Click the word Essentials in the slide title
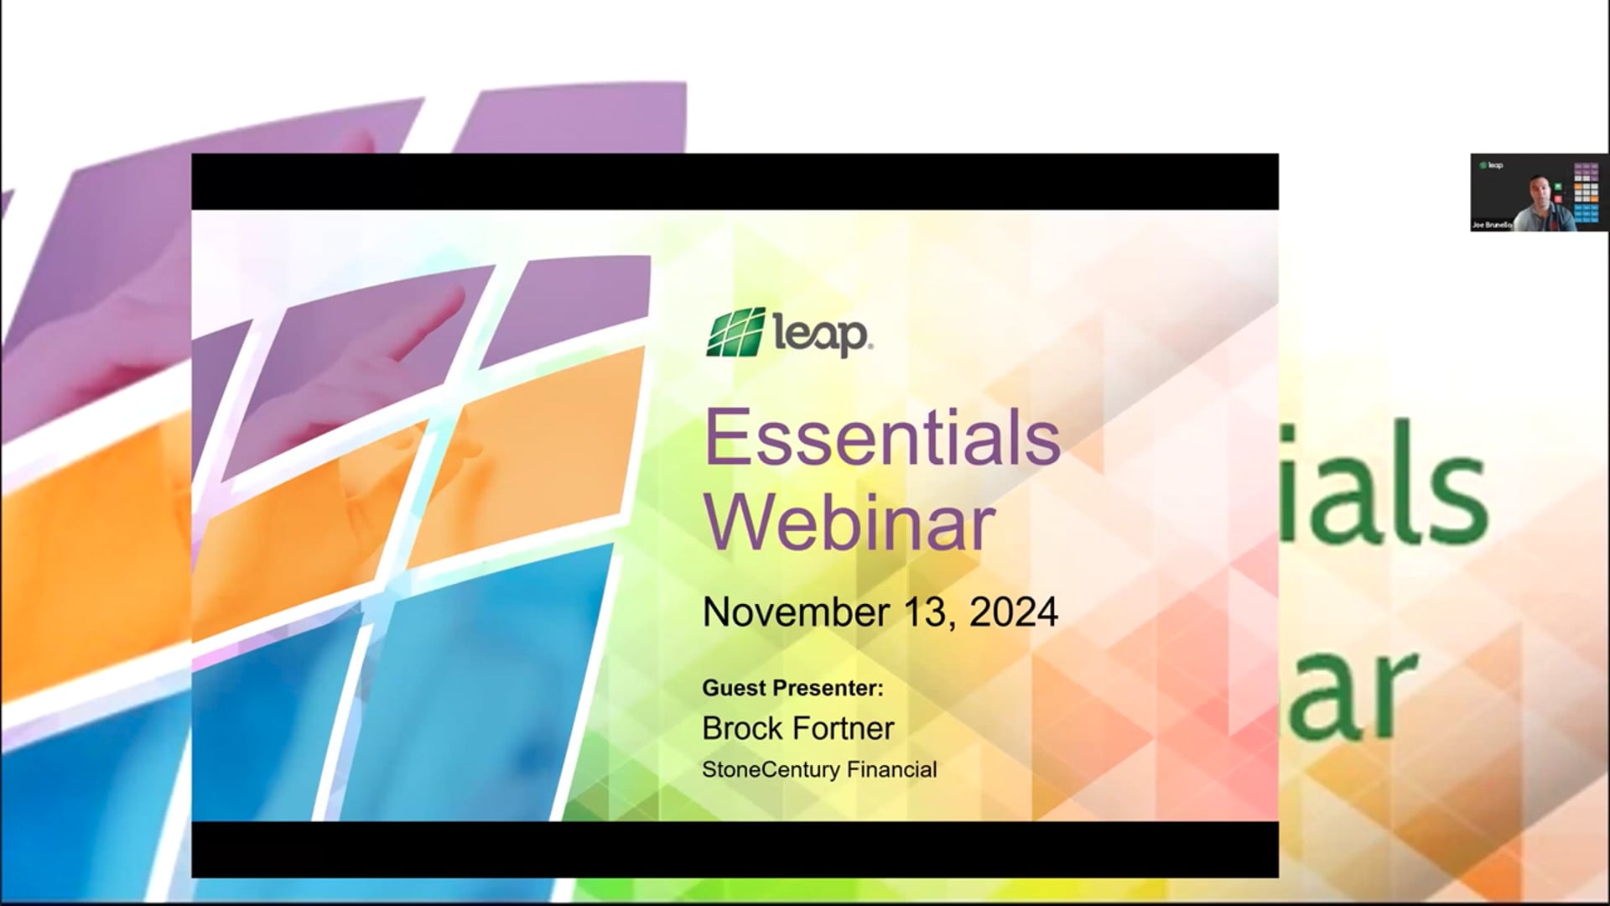click(882, 438)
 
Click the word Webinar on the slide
click(849, 523)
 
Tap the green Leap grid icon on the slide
click(736, 332)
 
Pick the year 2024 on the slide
click(1014, 612)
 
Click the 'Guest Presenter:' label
click(792, 689)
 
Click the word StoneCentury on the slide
click(771, 769)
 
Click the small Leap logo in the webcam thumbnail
click(1492, 165)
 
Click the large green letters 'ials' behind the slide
click(1384, 487)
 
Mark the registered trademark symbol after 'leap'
click(870, 346)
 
